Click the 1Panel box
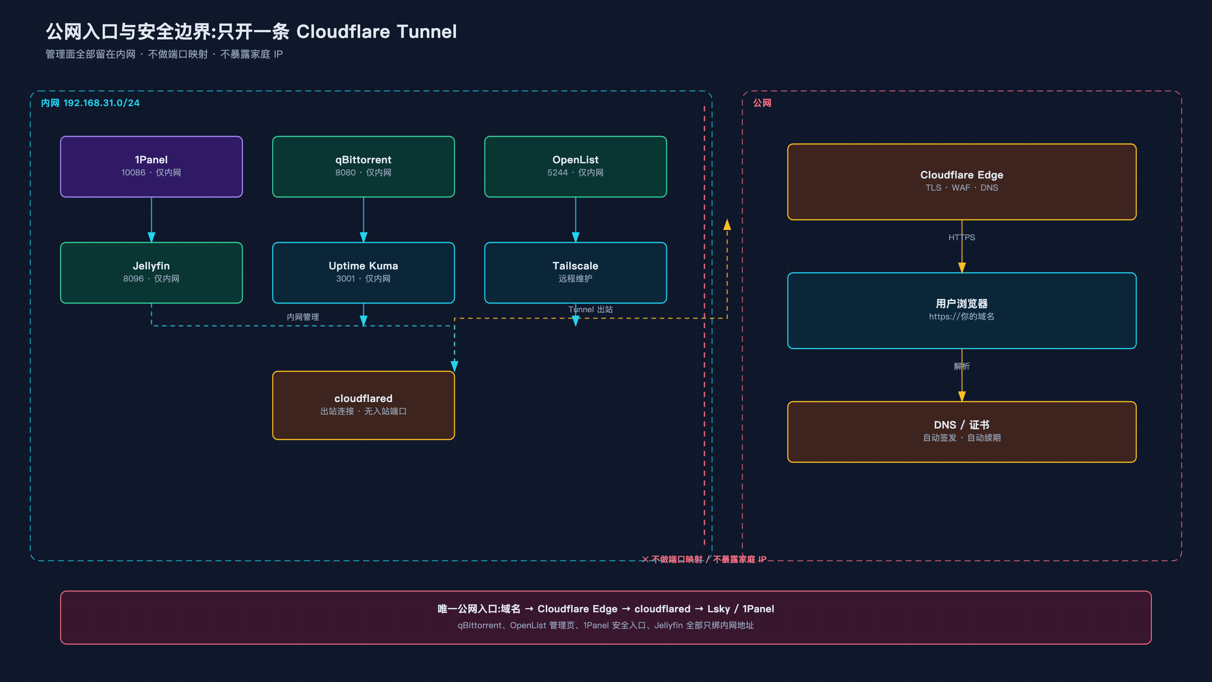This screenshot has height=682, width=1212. (151, 167)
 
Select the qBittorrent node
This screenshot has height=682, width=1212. (363, 167)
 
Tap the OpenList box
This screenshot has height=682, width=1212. (575, 167)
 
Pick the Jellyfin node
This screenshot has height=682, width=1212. (151, 272)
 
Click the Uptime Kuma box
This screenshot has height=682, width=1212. (363, 272)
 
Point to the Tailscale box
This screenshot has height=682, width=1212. (575, 272)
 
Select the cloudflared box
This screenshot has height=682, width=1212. (363, 405)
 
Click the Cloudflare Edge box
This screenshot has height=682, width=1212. (962, 182)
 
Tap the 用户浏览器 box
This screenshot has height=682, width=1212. (962, 311)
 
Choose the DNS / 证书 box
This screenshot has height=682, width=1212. (962, 432)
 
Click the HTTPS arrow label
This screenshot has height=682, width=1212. (962, 237)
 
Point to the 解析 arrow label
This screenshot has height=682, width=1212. (962, 366)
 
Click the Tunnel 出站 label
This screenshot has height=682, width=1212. (590, 309)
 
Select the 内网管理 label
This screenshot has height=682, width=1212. (303, 317)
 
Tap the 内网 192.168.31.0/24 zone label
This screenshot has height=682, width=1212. (91, 103)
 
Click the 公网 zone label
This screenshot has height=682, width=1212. (762, 103)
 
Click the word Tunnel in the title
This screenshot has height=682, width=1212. (427, 31)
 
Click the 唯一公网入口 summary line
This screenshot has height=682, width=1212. (606, 608)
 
